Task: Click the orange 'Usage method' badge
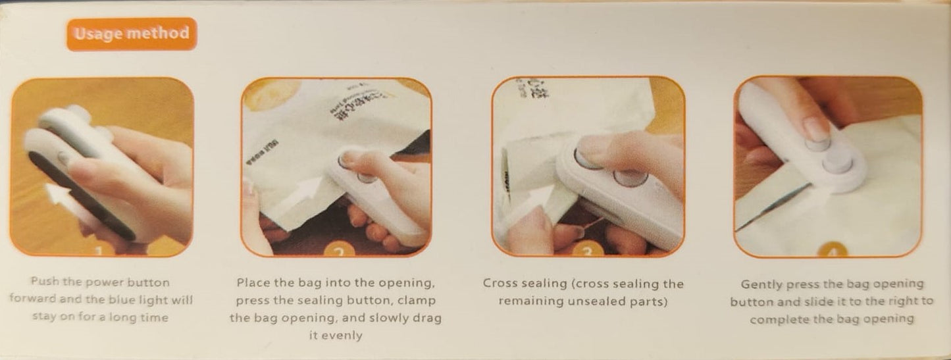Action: [132, 34]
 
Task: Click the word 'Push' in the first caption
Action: [44, 282]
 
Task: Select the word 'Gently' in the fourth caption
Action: [761, 284]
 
